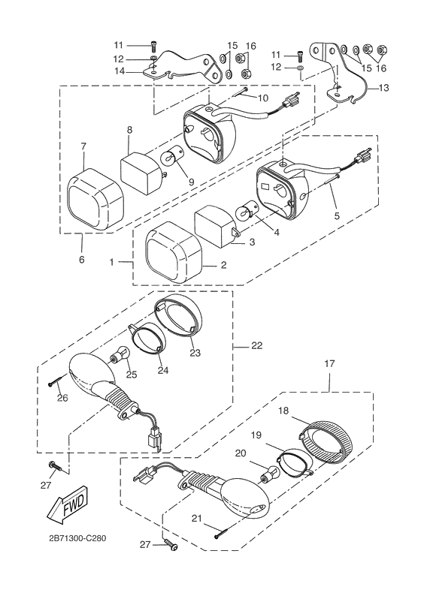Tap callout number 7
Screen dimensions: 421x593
[x=83, y=146]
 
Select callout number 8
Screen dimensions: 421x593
[x=129, y=130]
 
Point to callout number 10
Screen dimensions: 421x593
[x=262, y=98]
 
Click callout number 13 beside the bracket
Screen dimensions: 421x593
[x=383, y=88]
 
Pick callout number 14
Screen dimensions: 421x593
[x=120, y=71]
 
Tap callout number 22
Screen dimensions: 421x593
[x=256, y=345]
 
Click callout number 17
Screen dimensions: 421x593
[x=329, y=363]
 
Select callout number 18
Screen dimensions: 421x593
[x=284, y=411]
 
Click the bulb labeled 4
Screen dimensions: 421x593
[x=247, y=213]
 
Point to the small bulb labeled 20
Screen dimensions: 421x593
[x=270, y=476]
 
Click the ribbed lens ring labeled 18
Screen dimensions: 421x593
[x=326, y=442]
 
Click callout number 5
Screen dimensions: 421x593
[x=337, y=215]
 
